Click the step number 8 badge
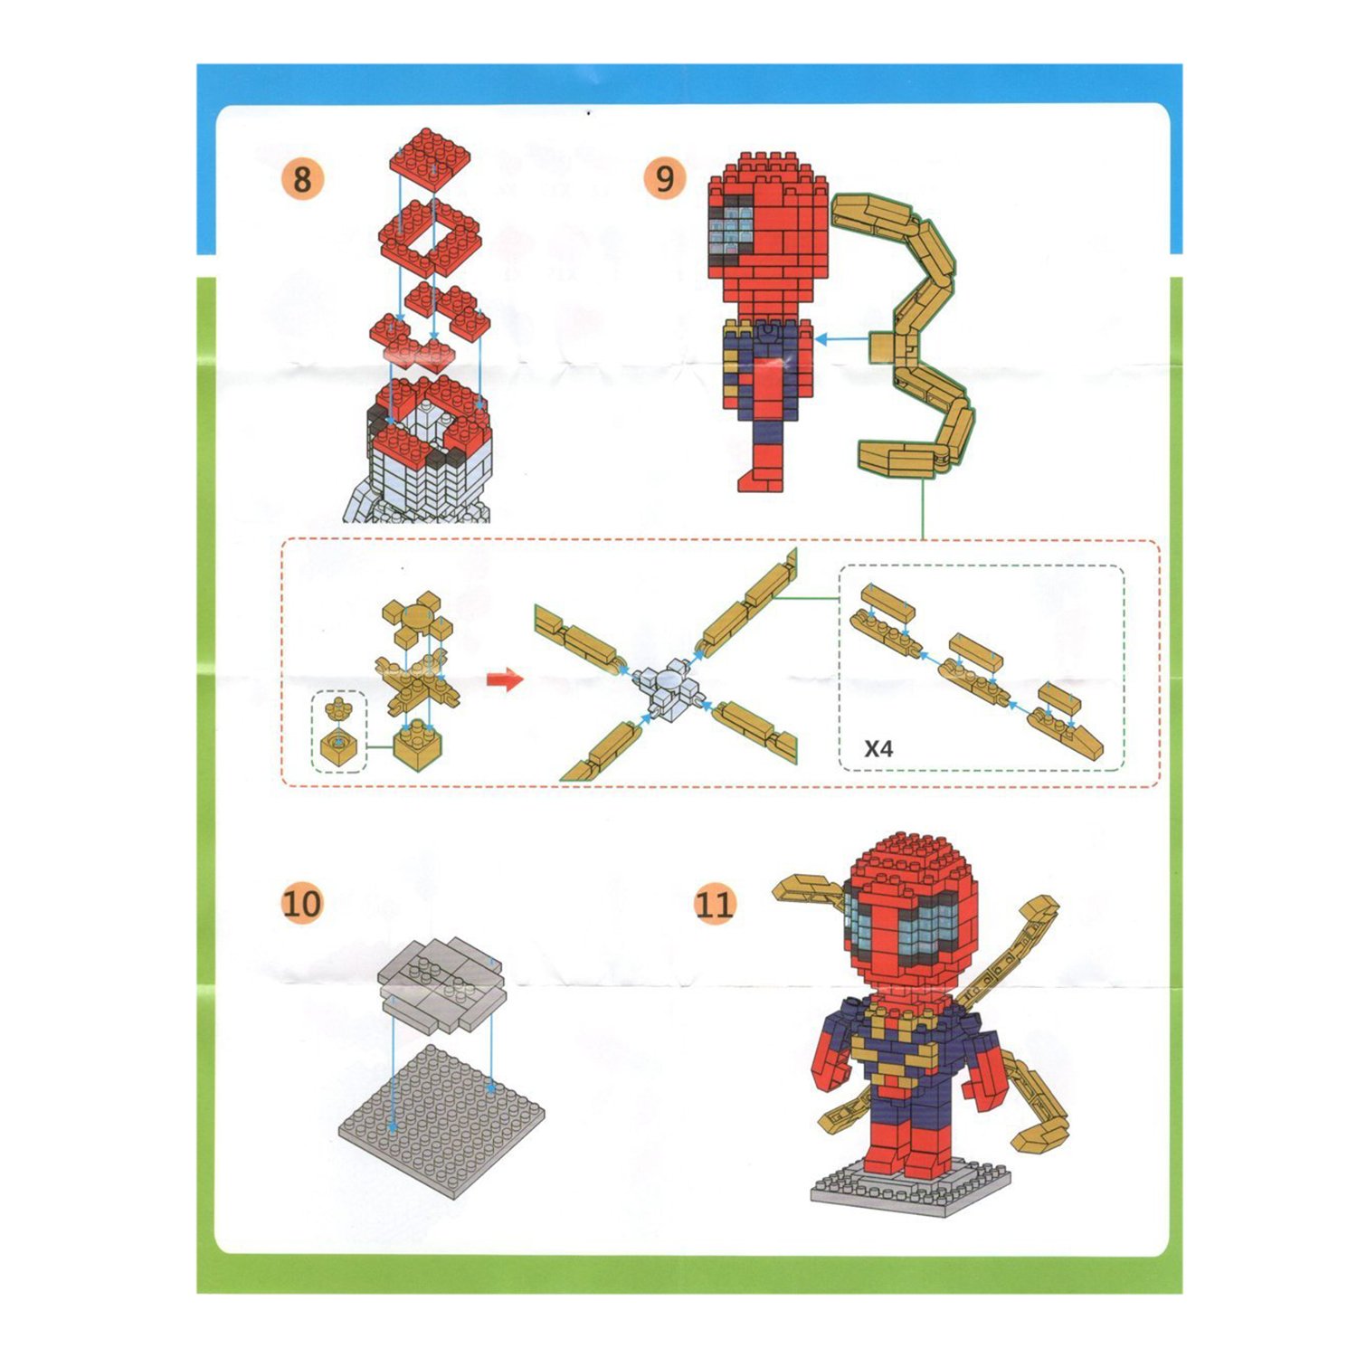301,178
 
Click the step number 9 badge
665,178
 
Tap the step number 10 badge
301,903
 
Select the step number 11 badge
714,903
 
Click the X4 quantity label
878,749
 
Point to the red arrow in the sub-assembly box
505,679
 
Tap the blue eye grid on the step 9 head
732,227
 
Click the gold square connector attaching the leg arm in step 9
883,346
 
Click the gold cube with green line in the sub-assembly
417,747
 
